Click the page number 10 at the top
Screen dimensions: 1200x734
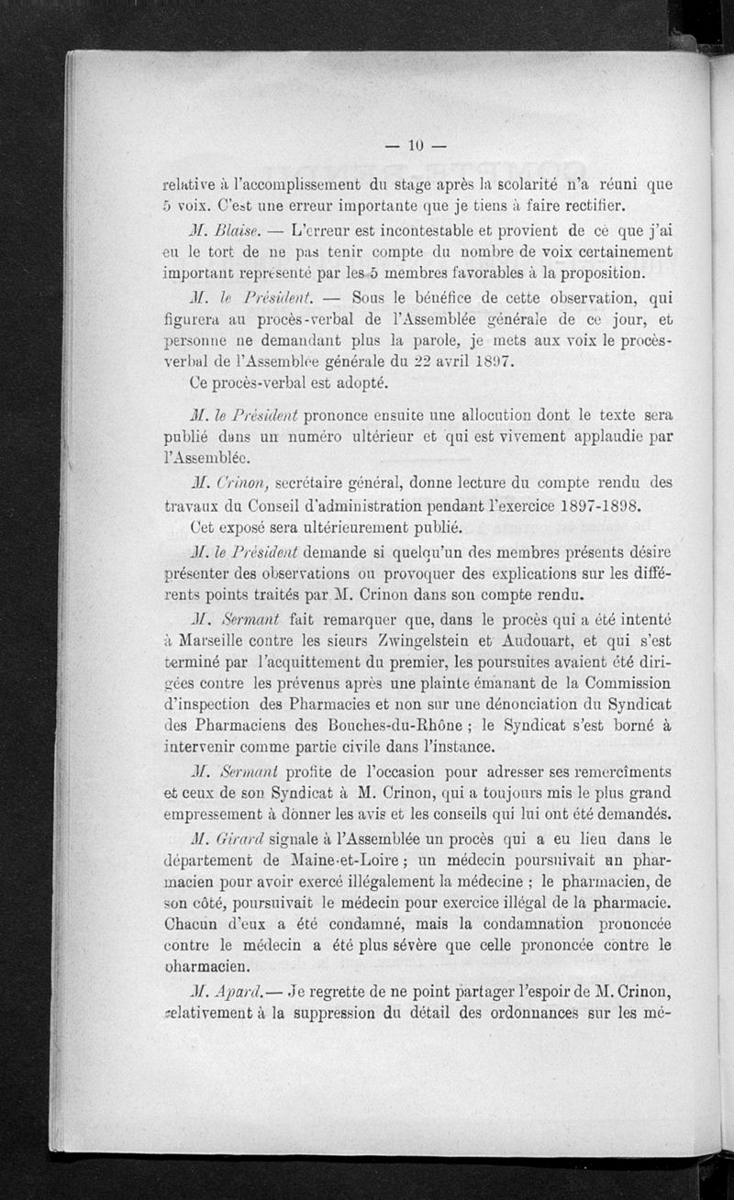415,144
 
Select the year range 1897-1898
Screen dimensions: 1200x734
595,506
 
